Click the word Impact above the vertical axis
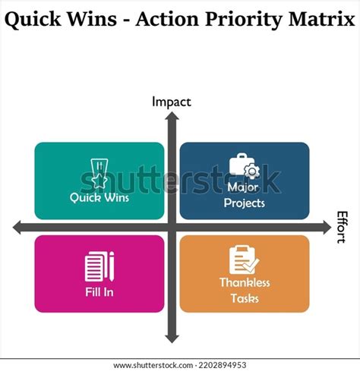pos(171,102)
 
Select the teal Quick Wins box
pos(99,181)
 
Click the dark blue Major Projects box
pos(244,181)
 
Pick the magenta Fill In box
pos(99,274)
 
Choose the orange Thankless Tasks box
pos(244,274)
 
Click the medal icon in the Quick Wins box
pos(99,172)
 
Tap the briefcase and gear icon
pos(245,167)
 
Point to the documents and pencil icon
pos(99,266)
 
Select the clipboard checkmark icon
pos(245,260)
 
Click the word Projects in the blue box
pos(245,203)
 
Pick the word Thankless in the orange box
pos(245,283)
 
